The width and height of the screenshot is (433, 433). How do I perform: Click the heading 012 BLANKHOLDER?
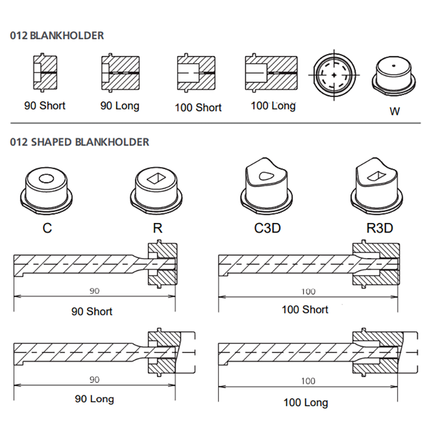point(57,36)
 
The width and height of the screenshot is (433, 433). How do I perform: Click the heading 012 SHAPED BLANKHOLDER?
point(80,142)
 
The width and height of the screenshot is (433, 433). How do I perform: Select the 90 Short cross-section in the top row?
point(45,73)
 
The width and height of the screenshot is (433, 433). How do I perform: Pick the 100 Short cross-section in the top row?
point(198,74)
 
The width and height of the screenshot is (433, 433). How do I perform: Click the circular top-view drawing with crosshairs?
point(335,74)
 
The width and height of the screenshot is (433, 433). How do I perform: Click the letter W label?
point(395,111)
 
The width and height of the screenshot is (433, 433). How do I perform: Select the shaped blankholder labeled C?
point(47,190)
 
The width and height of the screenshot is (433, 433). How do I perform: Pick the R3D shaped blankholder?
point(379,187)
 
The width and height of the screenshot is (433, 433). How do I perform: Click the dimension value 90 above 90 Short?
point(94,291)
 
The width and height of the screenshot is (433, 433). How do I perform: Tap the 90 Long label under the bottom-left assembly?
point(94,399)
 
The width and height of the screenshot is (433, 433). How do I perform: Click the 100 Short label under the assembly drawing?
point(305,310)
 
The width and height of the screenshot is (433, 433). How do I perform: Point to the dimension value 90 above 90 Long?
point(94,380)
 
